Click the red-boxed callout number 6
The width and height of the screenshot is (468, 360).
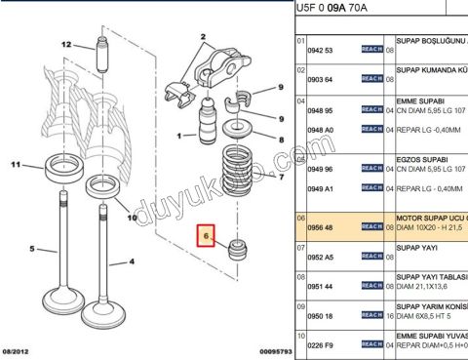pyautogui.click(x=207, y=236)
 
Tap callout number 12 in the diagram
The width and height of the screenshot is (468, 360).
pyautogui.click(x=66, y=45)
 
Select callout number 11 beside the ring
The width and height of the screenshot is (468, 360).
pyautogui.click(x=15, y=166)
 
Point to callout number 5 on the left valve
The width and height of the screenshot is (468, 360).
pyautogui.click(x=32, y=250)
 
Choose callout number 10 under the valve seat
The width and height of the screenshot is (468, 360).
pyautogui.click(x=134, y=218)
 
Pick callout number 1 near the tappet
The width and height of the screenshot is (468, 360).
pyautogui.click(x=178, y=135)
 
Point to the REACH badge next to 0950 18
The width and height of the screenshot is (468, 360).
pyautogui.click(x=371, y=317)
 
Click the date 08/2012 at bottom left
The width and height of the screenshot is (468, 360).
pyautogui.click(x=19, y=350)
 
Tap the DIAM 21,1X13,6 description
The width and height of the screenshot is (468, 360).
pyautogui.click(x=430, y=287)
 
